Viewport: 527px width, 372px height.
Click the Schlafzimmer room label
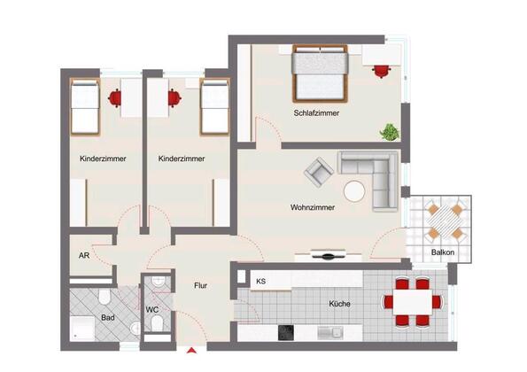click(316, 113)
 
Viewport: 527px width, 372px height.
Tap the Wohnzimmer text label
click(313, 207)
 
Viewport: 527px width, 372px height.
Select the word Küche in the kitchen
click(339, 304)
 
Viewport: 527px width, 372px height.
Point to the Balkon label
click(443, 252)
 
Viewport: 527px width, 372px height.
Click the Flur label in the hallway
click(201, 285)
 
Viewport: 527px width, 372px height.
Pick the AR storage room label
click(84, 255)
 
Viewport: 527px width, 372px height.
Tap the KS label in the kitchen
click(260, 282)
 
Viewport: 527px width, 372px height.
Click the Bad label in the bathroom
click(108, 318)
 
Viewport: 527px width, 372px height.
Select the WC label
click(152, 309)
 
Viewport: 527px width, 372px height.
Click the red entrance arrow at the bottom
click(191, 351)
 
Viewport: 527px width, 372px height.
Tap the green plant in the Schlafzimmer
click(390, 132)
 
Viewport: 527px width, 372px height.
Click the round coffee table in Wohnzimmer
click(354, 191)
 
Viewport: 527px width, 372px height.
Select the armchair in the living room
click(319, 172)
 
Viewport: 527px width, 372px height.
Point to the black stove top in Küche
click(286, 333)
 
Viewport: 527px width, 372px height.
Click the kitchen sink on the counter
click(330, 333)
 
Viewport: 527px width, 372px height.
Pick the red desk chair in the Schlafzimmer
click(382, 71)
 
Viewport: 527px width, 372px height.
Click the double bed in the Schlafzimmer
click(320, 74)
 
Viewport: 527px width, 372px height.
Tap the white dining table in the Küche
click(413, 302)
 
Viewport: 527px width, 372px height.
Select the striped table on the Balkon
click(445, 221)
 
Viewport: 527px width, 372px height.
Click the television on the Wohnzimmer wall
click(328, 255)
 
